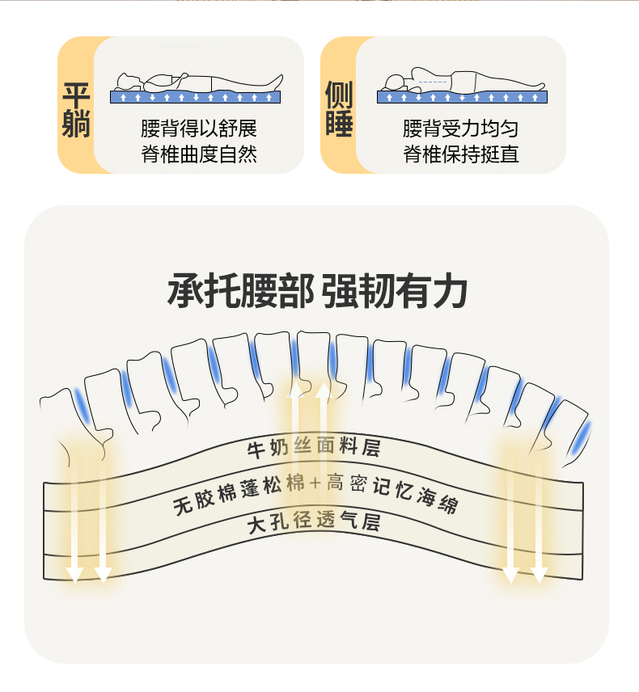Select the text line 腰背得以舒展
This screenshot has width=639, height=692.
click(x=198, y=129)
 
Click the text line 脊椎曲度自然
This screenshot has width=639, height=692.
click(x=198, y=154)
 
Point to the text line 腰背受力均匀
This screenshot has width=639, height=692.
click(x=461, y=129)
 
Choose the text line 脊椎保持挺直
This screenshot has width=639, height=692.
click(x=461, y=154)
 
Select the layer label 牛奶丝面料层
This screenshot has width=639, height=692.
click(x=313, y=448)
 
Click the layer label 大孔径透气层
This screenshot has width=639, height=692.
click(x=314, y=524)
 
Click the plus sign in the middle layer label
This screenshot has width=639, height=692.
click(x=316, y=483)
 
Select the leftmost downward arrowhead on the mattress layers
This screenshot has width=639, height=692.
click(x=74, y=575)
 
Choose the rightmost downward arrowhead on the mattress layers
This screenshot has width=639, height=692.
click(x=540, y=575)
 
